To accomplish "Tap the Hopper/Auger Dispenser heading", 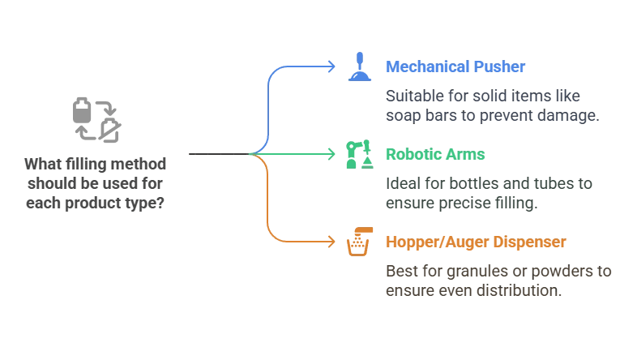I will [x=476, y=242].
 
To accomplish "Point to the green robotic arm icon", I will [x=358, y=154].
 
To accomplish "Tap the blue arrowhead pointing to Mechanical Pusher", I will [x=330, y=66].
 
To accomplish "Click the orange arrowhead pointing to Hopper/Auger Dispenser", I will [x=330, y=241].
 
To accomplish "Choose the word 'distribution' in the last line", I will [x=518, y=289].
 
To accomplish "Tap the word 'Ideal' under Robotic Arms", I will [x=403, y=183].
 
